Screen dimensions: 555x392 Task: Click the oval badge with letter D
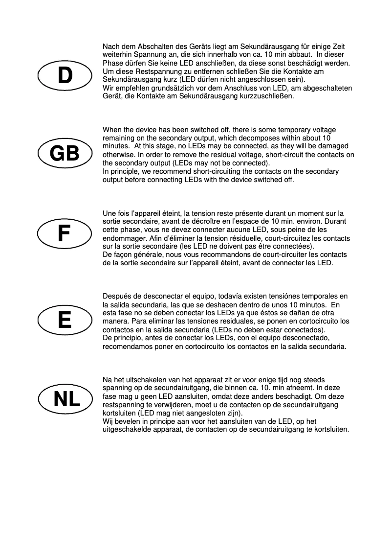tap(65, 75)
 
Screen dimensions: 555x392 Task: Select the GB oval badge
tap(65, 154)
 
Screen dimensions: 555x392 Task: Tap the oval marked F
tap(65, 233)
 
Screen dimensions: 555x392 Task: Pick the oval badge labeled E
tap(65, 320)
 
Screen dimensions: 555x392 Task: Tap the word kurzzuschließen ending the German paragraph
tap(263, 96)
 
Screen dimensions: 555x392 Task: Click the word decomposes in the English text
tap(247, 138)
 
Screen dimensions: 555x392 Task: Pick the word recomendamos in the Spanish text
tap(128, 346)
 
